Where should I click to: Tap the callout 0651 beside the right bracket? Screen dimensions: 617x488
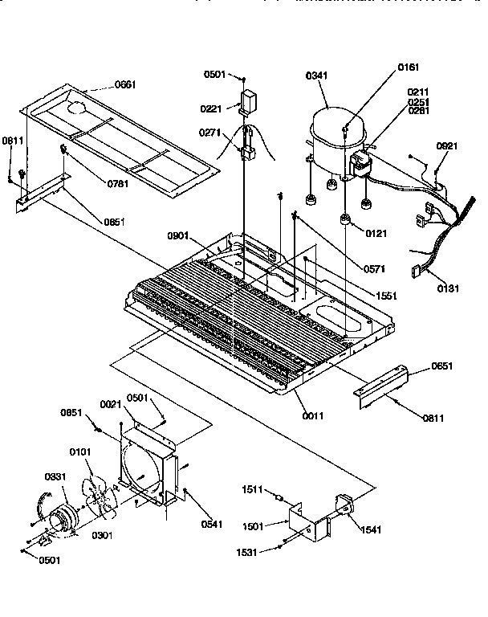pos(441,366)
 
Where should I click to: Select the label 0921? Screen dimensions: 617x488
pos(447,146)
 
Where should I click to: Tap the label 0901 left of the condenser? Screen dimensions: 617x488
pos(178,235)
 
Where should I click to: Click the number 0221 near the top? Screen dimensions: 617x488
pos(210,108)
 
